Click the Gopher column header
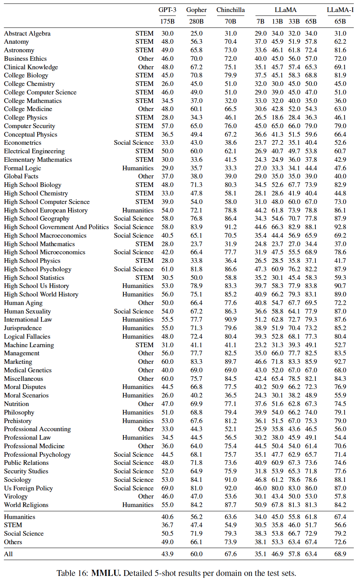[x=196, y=10]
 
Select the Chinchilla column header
[x=230, y=10]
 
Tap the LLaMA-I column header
[x=340, y=10]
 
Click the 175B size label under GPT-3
[x=167, y=21]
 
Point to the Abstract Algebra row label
[x=27, y=33]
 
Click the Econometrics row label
[x=22, y=142]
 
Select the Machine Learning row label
[x=29, y=345]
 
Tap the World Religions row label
[x=26, y=505]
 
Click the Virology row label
[x=16, y=496]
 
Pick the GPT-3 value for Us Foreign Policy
[x=167, y=488]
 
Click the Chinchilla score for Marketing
[x=230, y=362]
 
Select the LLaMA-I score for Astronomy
[x=340, y=50]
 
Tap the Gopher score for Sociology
[x=196, y=480]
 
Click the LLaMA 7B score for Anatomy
[x=261, y=41]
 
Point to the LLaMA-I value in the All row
[x=340, y=554]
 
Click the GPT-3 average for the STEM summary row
[x=167, y=525]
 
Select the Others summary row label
[x=13, y=542]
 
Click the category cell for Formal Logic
[x=138, y=168]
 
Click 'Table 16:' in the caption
[x=72, y=573]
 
